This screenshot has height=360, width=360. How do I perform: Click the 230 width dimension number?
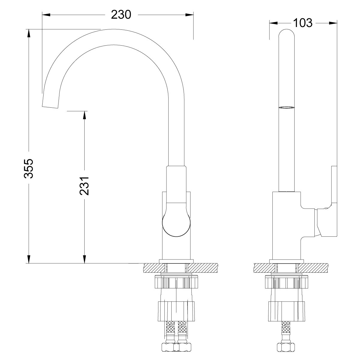click(x=121, y=14)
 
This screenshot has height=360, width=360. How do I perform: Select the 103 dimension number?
click(x=302, y=23)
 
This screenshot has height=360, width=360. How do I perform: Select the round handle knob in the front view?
click(x=176, y=223)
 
